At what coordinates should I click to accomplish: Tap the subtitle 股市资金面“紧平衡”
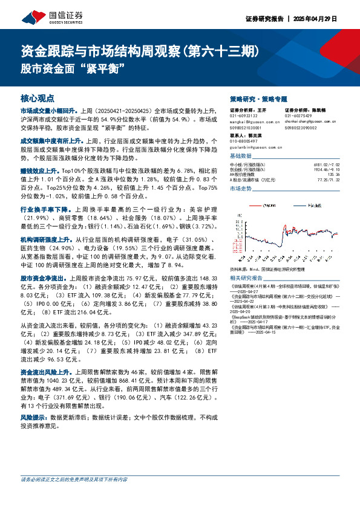tap(77, 66)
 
